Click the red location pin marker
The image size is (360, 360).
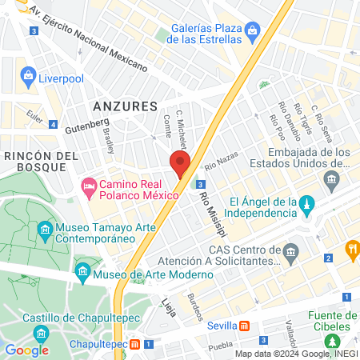click(180, 162)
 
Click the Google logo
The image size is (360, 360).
click(26, 350)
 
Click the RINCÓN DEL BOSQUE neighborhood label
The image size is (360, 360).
click(40, 160)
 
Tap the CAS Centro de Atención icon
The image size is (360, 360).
click(290, 253)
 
